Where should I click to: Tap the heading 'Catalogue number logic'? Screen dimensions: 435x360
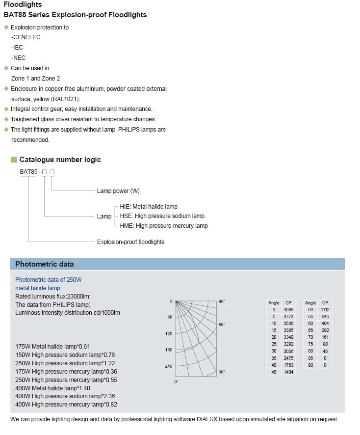coord(60,160)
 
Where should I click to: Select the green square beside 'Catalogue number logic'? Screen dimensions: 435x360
coord(14,160)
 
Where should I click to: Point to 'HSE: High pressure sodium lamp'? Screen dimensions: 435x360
coord(162,216)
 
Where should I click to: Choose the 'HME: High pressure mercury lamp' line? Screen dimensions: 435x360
coord(163,226)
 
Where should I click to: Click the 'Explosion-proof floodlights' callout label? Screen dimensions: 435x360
coord(130,242)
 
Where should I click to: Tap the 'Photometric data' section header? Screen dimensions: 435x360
coord(45,264)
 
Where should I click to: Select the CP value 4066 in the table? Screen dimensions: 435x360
coord(288,310)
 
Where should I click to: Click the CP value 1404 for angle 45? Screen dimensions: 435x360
coord(288,373)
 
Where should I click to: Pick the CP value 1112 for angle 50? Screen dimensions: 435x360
coord(325,310)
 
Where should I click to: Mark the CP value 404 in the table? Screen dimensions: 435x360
coord(325,324)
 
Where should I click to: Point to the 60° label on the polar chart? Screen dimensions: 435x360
coord(222,325)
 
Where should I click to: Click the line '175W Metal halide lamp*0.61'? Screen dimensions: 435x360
coord(52,346)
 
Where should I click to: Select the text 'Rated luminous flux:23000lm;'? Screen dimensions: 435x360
coord(53,296)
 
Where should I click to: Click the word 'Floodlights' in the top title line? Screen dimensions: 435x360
coord(23,5)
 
